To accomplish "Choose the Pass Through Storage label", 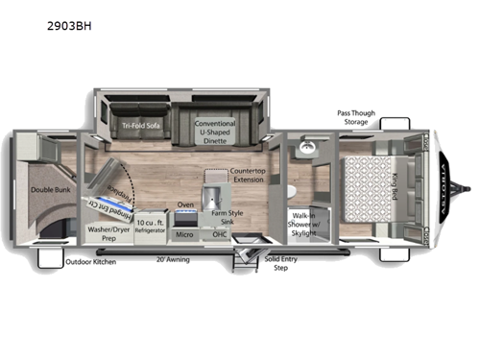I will (x=360, y=116).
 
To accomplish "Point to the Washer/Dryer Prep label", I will (x=108, y=234).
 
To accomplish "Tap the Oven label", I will (x=186, y=204).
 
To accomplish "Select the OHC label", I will (x=219, y=233).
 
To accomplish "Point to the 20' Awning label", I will (x=174, y=258).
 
